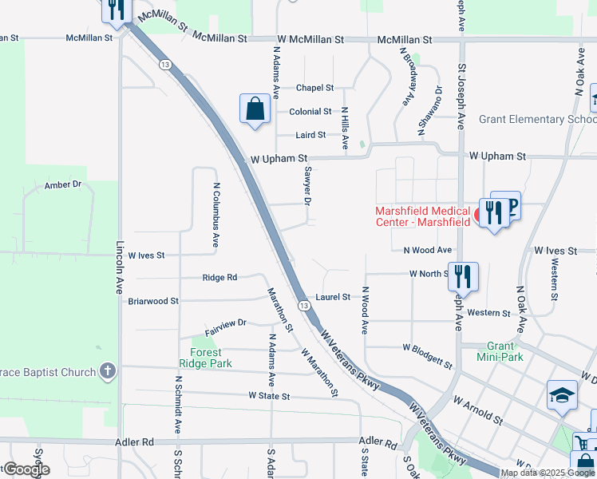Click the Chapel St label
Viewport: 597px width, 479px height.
314,88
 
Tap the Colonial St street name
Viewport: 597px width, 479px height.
310,112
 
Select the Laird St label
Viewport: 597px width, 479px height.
311,136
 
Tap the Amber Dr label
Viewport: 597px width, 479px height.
63,184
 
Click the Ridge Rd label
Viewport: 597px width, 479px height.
219,278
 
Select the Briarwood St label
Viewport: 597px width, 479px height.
153,301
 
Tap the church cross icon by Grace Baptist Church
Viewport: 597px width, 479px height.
108,371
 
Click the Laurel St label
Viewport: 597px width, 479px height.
333,297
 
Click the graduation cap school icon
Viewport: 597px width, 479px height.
562,395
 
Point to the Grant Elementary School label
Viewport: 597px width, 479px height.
536,120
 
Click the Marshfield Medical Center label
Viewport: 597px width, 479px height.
423,216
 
